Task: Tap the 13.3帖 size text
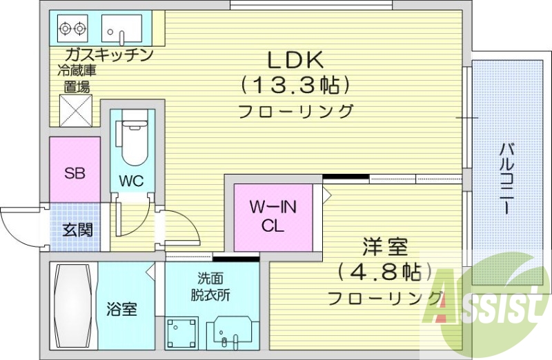pos(296,86)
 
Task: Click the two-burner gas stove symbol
pos(73,29)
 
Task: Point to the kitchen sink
pos(121,29)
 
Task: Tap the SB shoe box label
pos(74,173)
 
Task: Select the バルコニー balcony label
pos(508,177)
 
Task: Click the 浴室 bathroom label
pos(121,309)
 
